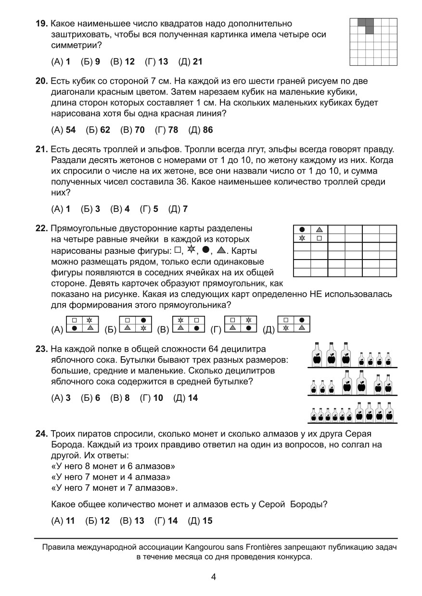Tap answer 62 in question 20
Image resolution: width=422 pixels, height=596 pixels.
[x=105, y=130]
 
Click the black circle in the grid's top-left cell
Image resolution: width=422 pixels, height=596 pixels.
[x=302, y=229]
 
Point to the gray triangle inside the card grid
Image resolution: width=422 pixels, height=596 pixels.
[x=319, y=229]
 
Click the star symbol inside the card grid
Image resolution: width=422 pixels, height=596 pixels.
[x=302, y=238]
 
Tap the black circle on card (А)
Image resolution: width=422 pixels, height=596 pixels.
[x=74, y=328]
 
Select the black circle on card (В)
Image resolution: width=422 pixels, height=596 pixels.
[x=196, y=328]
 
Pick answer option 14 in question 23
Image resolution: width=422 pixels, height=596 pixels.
[x=192, y=398]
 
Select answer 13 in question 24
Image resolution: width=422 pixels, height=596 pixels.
[x=139, y=521]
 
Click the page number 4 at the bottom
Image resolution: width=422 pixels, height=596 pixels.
[x=213, y=577]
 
